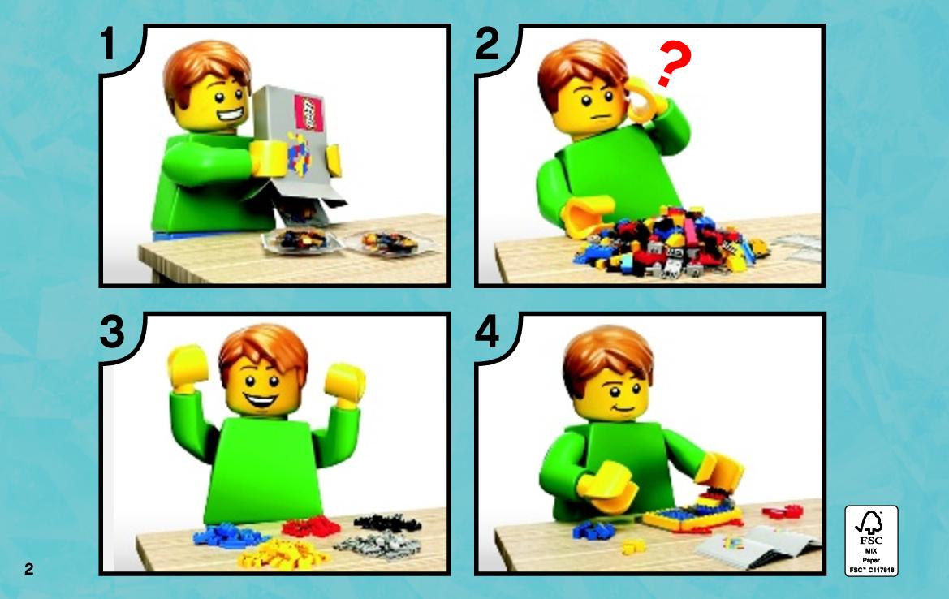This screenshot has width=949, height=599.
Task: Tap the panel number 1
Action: click(x=108, y=44)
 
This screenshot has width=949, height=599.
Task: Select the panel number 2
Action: click(x=487, y=44)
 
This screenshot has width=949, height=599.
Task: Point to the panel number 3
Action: click(x=112, y=332)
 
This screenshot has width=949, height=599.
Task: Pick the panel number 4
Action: click(x=488, y=332)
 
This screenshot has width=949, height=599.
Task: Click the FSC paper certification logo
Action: click(x=872, y=541)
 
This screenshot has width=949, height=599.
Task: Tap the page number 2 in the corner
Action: click(x=29, y=569)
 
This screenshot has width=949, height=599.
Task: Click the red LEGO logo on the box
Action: click(x=308, y=112)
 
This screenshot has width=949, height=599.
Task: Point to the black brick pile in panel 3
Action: click(x=387, y=522)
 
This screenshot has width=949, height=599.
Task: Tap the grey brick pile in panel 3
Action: click(x=378, y=545)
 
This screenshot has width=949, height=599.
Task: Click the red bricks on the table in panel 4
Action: click(x=783, y=512)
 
